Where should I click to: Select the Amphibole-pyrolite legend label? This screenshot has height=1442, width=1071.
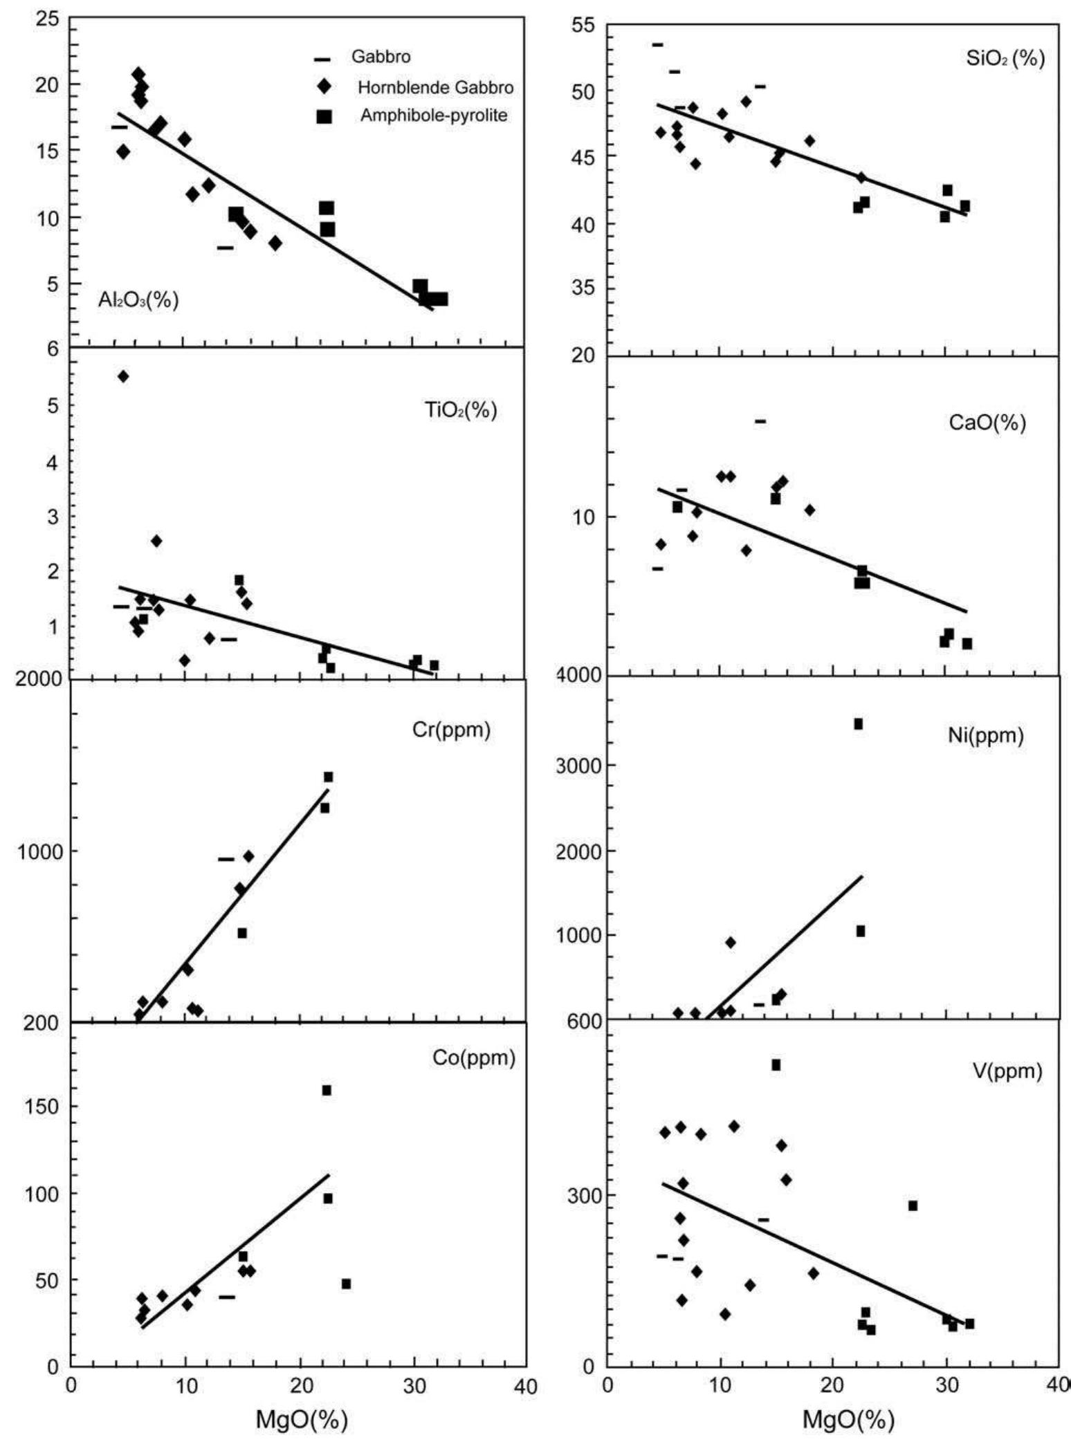433,115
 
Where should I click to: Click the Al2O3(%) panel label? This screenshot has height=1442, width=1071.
138,299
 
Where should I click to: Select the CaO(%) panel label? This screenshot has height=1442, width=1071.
987,423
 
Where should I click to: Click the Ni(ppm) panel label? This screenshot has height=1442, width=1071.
985,736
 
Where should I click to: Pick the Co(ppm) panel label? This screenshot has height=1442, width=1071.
474,1058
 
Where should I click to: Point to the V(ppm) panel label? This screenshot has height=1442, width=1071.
1007,1071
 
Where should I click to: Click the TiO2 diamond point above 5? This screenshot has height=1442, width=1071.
123,376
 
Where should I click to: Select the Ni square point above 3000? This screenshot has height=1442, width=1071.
858,724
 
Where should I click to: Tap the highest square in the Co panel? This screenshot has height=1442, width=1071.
327,1091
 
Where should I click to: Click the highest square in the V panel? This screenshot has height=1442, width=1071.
776,1065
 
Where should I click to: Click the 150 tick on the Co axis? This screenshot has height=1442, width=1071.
45,1107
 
